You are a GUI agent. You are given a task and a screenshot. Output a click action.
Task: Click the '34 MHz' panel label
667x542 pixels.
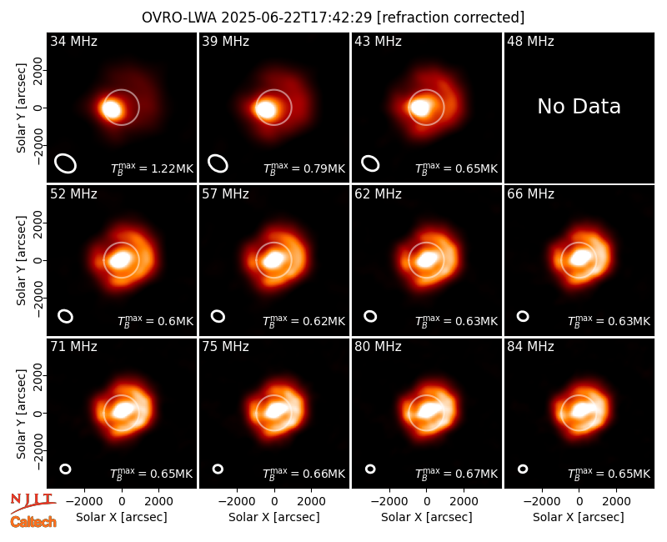tap(73, 41)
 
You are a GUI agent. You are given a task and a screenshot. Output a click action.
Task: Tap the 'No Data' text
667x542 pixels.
tap(579, 107)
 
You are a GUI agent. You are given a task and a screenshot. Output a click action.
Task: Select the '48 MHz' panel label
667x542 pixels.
tap(530, 41)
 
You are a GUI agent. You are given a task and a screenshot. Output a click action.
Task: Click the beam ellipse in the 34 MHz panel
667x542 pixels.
tap(66, 163)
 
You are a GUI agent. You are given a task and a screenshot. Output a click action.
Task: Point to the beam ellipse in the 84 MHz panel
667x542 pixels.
tap(523, 469)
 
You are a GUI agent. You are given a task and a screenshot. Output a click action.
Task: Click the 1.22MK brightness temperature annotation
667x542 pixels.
tap(152, 168)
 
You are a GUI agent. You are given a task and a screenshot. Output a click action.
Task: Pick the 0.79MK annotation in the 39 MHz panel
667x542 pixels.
tap(304, 168)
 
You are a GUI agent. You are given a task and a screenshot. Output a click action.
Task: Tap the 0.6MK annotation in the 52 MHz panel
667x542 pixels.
tap(155, 320)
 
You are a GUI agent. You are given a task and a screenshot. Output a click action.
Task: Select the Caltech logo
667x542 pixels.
tap(33, 522)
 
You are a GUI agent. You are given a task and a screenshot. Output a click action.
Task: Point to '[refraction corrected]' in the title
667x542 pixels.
tap(451, 18)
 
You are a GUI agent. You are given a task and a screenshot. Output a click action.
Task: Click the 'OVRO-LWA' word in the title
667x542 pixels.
tap(179, 18)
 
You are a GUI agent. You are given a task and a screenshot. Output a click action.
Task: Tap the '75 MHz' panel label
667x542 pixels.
tap(225, 346)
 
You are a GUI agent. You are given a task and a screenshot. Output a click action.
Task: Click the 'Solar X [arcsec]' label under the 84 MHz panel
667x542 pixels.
tap(579, 517)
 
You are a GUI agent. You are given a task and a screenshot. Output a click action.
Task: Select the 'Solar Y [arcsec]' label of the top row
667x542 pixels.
tap(21, 108)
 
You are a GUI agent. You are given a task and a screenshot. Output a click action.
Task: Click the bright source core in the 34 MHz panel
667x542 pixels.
tap(112, 109)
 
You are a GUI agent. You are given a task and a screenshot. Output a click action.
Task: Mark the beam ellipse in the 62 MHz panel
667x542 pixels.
tap(370, 316)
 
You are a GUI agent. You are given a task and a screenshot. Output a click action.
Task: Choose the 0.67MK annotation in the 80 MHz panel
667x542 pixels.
tap(456, 473)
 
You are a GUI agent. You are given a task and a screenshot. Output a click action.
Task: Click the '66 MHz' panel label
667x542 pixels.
tap(530, 194)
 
